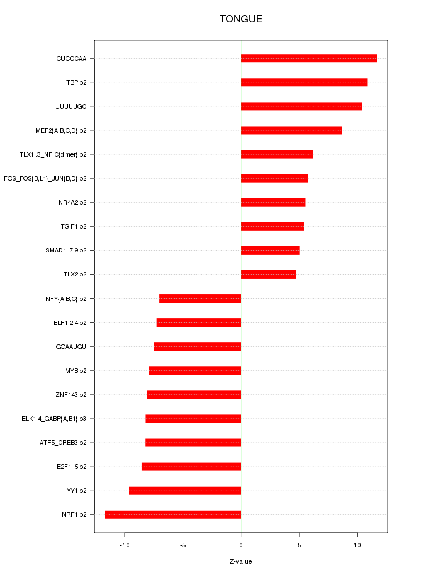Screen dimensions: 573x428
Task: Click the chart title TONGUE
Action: click(x=241, y=19)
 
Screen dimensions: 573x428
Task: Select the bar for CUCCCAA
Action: click(x=309, y=59)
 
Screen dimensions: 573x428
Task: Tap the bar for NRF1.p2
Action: click(x=173, y=514)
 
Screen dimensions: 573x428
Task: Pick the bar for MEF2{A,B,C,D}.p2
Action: click(x=291, y=130)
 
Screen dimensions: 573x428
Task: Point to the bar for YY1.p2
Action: click(x=185, y=491)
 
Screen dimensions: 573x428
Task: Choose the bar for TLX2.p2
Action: click(x=269, y=274)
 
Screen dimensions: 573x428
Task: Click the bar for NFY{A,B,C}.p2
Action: click(x=200, y=299)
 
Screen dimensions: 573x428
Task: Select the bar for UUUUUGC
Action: click(x=301, y=106)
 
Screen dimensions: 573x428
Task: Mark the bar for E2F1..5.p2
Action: click(x=191, y=467)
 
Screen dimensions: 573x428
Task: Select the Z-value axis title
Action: click(x=241, y=561)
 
